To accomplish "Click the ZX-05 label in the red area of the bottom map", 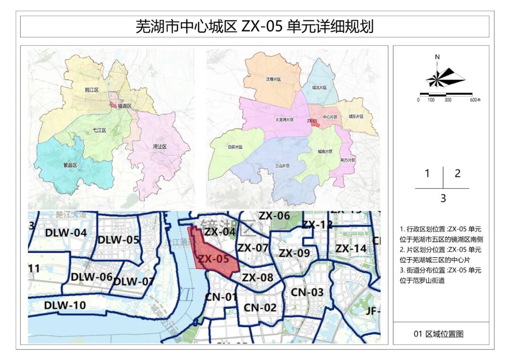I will (x=213, y=259).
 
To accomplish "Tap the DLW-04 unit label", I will (x=66, y=233).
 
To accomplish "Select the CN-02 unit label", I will (x=260, y=308).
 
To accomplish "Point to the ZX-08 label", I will (x=258, y=277).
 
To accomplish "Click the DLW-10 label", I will (x=65, y=305).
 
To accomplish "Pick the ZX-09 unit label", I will (x=294, y=253).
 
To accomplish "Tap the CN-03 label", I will (x=307, y=292).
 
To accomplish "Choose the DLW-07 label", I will (x=134, y=282).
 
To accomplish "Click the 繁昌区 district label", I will (x=70, y=165).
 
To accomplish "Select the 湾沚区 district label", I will (x=160, y=147).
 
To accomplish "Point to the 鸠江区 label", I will (x=92, y=89).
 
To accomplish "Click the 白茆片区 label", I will (x=235, y=147).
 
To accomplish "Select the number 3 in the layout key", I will (x=443, y=199).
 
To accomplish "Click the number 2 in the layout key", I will (x=457, y=173).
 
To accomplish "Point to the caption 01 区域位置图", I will (x=439, y=334).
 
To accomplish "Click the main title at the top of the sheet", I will (x=255, y=26).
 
